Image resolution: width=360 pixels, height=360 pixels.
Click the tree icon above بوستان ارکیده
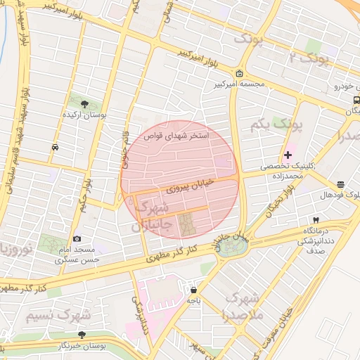[85, 104]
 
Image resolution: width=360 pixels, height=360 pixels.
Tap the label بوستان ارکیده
[85, 115]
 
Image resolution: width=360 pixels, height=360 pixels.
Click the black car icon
[55, 147]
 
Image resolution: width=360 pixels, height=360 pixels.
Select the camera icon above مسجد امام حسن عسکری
[77, 239]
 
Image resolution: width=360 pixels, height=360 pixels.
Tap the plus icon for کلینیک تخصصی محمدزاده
[288, 155]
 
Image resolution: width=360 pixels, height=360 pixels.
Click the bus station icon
[356, 100]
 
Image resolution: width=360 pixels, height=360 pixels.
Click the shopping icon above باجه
[193, 290]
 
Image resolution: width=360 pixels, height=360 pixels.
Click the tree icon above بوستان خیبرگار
[82, 335]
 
